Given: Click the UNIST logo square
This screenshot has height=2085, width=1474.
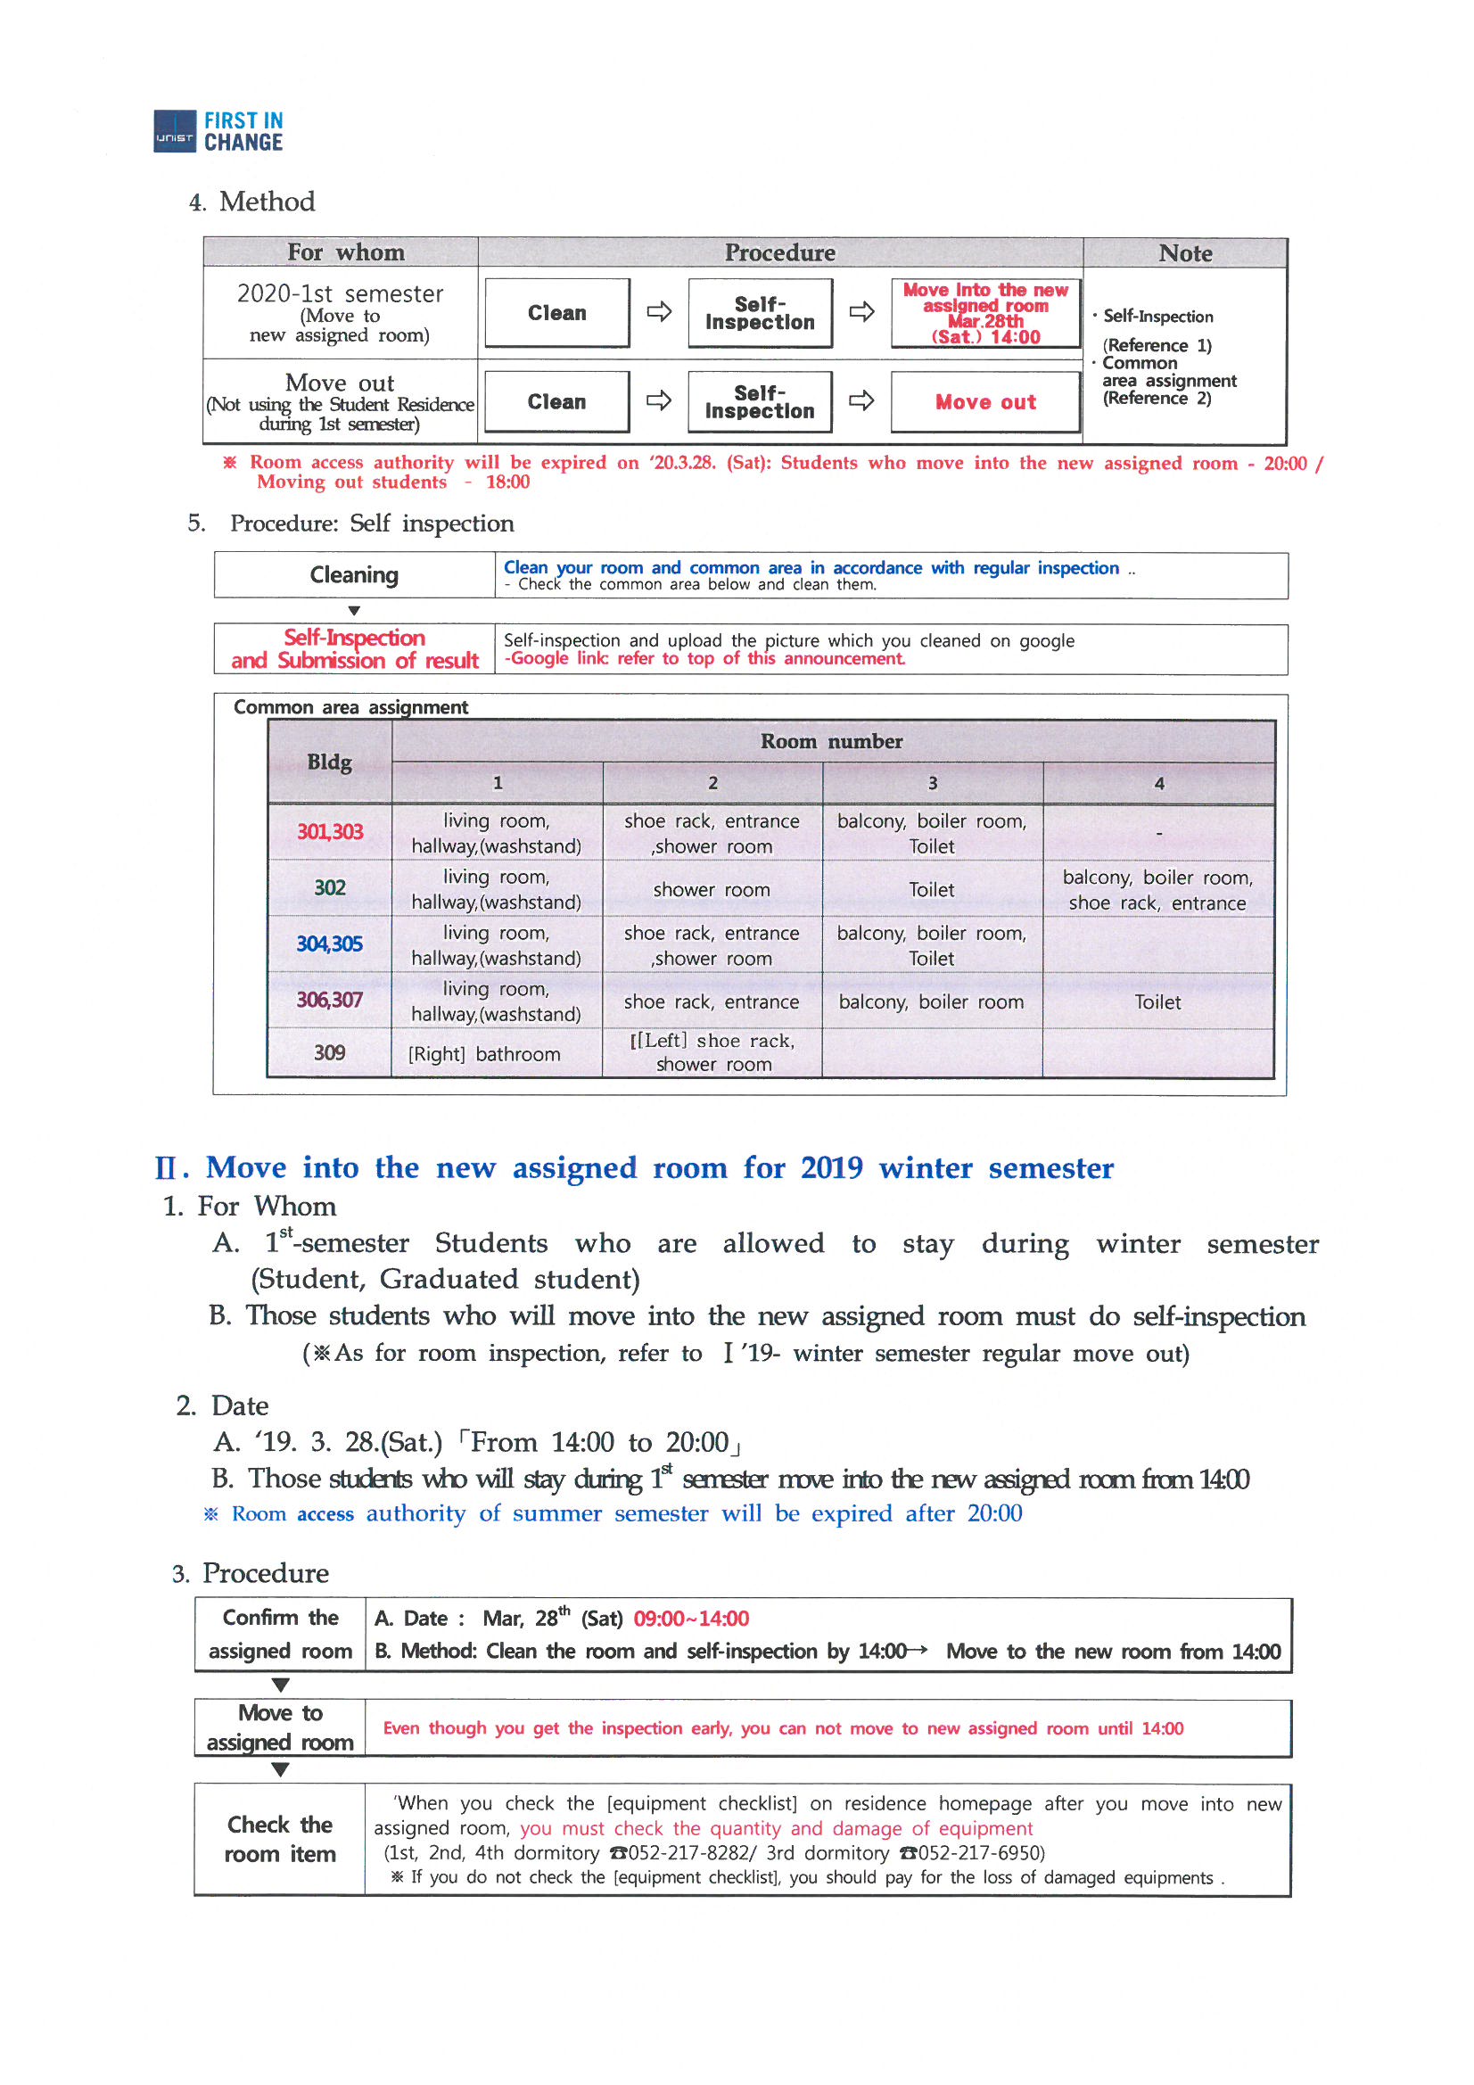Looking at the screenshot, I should (x=175, y=132).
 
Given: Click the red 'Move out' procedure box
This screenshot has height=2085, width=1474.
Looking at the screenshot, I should (x=984, y=402).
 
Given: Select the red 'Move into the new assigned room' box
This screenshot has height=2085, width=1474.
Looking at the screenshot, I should (x=984, y=313).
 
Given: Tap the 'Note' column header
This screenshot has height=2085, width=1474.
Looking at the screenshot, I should (x=1184, y=253).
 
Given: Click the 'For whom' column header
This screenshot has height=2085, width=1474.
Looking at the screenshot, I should (x=345, y=252).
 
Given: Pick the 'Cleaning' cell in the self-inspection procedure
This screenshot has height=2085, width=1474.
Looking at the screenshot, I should (x=354, y=575).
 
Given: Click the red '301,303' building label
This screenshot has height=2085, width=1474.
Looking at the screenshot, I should (x=330, y=832).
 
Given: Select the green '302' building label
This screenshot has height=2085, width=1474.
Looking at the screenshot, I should (x=330, y=888).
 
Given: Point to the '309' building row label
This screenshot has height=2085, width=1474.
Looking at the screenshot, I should (x=330, y=1052).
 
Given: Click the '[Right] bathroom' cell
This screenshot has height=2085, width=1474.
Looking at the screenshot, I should (x=484, y=1054).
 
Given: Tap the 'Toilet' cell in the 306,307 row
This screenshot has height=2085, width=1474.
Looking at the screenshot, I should (x=1157, y=1001).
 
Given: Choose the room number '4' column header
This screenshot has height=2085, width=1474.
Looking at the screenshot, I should (x=1158, y=783).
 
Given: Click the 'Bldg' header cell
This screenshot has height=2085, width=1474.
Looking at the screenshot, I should (x=330, y=762).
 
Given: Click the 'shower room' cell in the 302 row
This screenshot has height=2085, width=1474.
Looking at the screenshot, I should (x=711, y=890).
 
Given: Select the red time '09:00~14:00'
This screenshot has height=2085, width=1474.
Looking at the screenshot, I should (x=690, y=1619).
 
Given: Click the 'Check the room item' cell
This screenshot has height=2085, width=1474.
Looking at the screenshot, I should (x=280, y=1839).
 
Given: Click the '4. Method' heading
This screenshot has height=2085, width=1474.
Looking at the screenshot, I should (x=252, y=202).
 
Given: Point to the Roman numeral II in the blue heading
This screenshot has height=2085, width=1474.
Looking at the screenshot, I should (x=169, y=1168).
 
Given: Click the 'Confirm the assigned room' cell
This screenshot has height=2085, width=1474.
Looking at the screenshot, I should (x=280, y=1635).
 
